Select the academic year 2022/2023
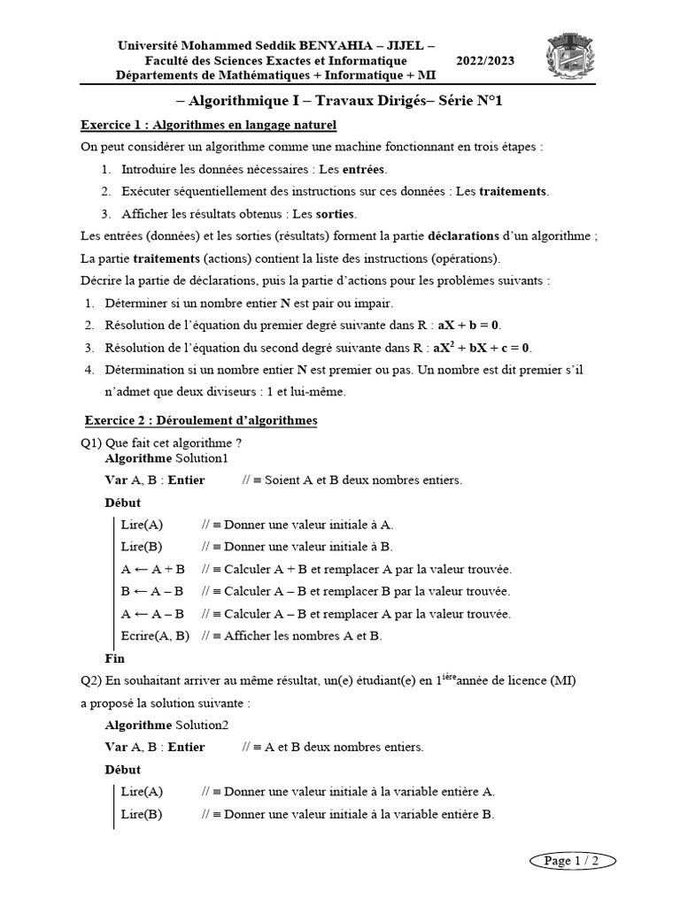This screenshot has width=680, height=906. point(484,61)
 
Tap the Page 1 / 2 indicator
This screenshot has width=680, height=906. point(571,860)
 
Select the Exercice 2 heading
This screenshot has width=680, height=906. point(200,420)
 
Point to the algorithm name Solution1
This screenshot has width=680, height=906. point(202,458)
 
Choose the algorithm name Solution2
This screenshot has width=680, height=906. point(202,725)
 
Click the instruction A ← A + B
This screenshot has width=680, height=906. point(152,569)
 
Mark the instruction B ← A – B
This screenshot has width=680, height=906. point(152,591)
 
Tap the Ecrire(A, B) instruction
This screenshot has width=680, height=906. point(155,635)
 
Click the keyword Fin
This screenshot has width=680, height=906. point(115,658)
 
